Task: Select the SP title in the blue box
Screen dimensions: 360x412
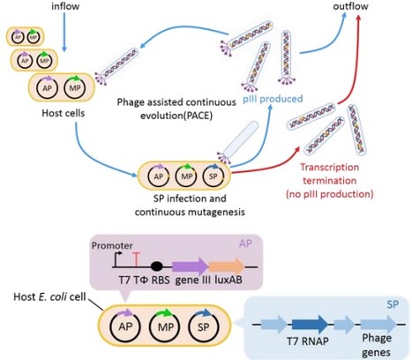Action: (393, 302)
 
